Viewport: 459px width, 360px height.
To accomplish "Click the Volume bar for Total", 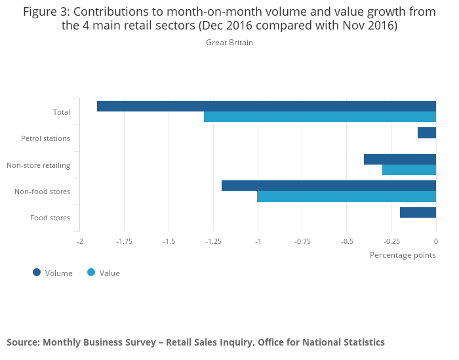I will [x=266, y=106].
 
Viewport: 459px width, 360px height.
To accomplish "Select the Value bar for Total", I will [x=320, y=117].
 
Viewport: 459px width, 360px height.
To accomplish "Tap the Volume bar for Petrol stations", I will [x=427, y=132].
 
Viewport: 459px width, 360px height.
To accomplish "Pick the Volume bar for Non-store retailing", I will [x=400, y=159].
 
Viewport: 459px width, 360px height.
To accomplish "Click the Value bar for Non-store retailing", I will [x=409, y=170].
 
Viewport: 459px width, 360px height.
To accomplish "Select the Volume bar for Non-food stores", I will [x=329, y=186].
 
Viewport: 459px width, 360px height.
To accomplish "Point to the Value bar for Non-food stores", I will [x=346, y=196].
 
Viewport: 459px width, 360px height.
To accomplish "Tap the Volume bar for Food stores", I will [x=418, y=212].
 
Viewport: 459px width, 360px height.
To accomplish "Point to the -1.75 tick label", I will [x=124, y=241].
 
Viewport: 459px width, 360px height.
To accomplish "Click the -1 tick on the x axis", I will [x=258, y=241].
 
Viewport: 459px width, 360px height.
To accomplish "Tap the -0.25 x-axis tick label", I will [x=391, y=241].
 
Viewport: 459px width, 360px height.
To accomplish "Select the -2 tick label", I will [x=79, y=241].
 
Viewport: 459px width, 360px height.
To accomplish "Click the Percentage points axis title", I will [x=403, y=255].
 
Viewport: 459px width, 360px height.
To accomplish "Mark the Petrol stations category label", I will [x=45, y=138].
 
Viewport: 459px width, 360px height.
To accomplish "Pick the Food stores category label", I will [x=50, y=218].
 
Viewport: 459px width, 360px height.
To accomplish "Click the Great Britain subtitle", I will [x=229, y=43].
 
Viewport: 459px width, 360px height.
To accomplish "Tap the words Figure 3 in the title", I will [x=48, y=12].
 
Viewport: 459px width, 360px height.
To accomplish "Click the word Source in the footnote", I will [x=22, y=342].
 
